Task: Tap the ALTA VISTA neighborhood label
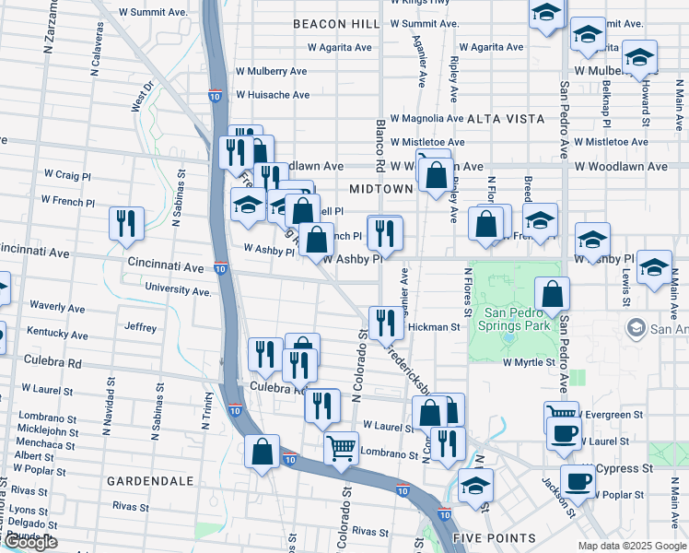click(x=506, y=119)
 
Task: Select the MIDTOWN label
click(x=381, y=189)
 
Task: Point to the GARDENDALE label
click(x=150, y=481)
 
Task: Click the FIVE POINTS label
click(x=495, y=537)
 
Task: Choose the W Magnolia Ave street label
click(x=426, y=119)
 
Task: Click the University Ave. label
click(x=178, y=290)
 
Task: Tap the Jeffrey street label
click(x=141, y=327)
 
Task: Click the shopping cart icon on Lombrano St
click(x=342, y=449)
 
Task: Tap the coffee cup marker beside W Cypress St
click(x=578, y=481)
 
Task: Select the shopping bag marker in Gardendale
click(x=263, y=452)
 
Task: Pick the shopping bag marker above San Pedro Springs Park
click(x=552, y=295)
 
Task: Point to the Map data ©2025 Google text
click(x=631, y=546)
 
